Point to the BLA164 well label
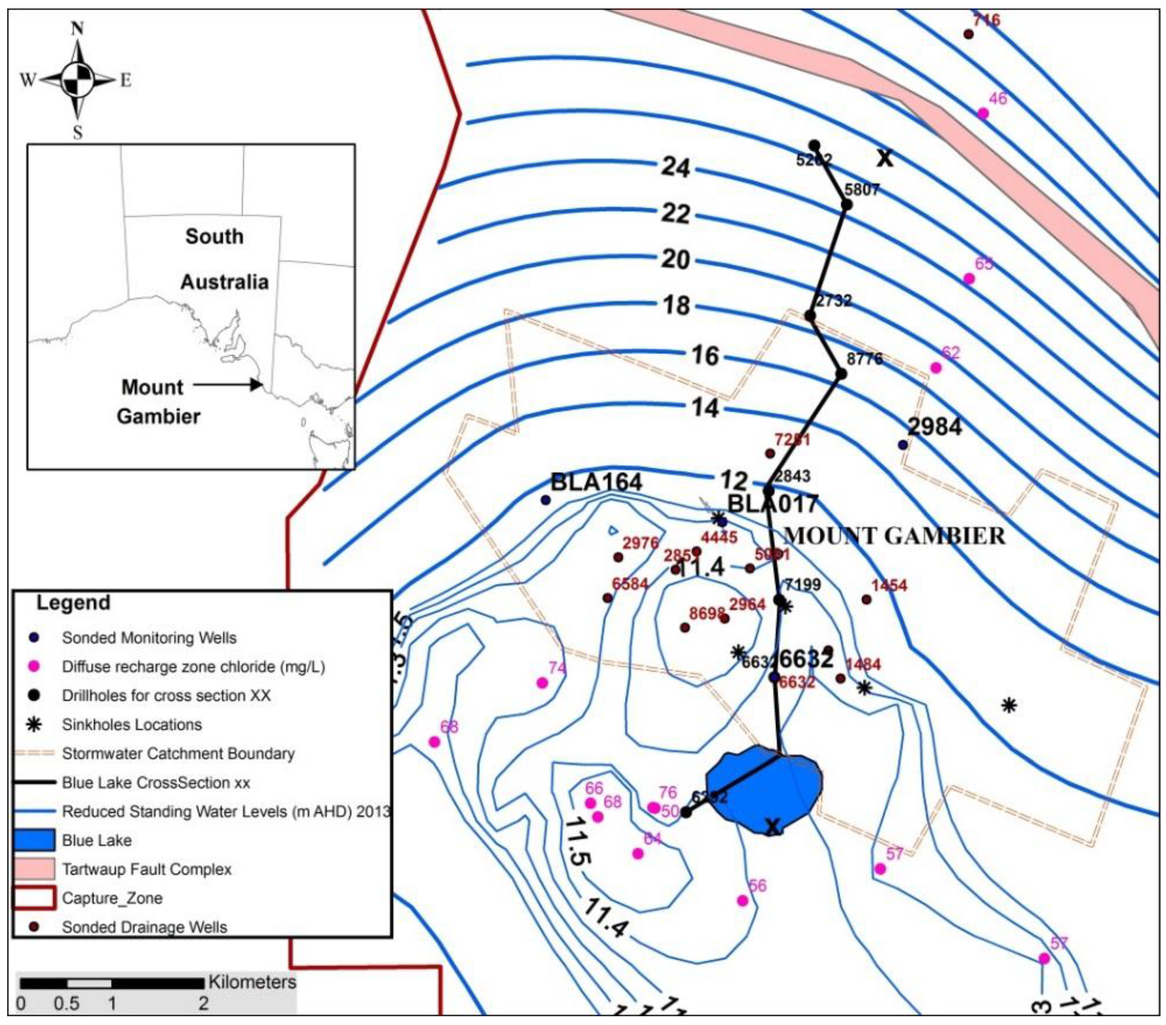[596, 482]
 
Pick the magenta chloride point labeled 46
[982, 113]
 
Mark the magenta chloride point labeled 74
[542, 682]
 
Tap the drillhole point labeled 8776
[840, 374]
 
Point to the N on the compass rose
[77, 29]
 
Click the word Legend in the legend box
[73, 603]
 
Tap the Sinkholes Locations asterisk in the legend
[34, 725]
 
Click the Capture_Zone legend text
[112, 899]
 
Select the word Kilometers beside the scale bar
[252, 982]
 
